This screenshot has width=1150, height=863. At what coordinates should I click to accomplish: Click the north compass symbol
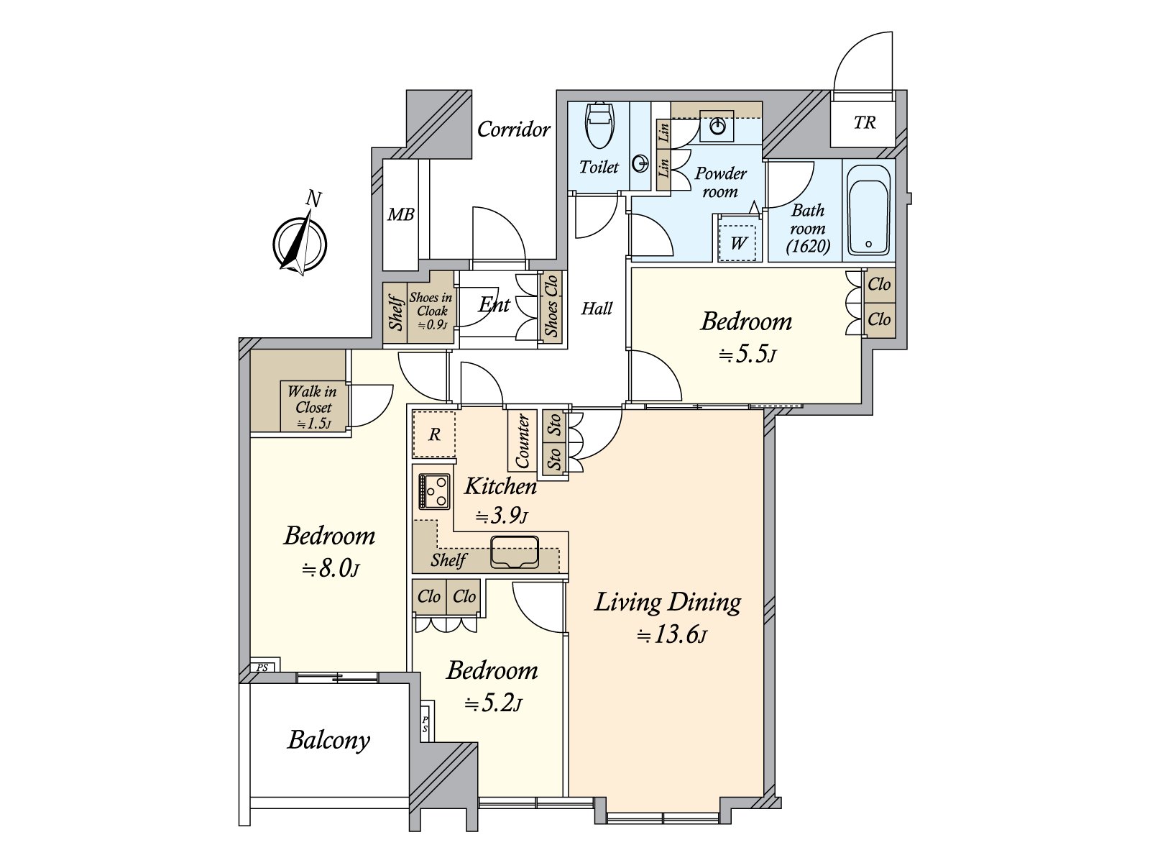(300, 245)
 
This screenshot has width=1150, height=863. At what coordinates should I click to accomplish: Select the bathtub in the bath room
(868, 209)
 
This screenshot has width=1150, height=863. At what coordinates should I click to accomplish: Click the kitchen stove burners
(434, 491)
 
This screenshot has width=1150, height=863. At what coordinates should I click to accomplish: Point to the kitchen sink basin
(515, 552)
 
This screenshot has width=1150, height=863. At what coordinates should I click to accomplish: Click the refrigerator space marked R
(434, 434)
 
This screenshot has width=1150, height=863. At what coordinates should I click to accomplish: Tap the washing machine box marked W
(737, 242)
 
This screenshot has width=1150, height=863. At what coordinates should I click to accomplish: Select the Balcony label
(328, 741)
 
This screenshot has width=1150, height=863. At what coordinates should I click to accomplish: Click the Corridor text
(513, 129)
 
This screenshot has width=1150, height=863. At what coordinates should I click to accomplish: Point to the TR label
(865, 122)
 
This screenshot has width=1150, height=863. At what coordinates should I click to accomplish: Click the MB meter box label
(401, 214)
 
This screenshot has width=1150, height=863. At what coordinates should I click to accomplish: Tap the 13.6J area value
(672, 636)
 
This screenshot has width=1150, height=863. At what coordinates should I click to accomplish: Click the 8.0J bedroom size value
(331, 569)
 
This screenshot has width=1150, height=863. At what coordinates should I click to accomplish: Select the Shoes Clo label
(551, 306)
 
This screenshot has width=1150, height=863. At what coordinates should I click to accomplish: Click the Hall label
(597, 309)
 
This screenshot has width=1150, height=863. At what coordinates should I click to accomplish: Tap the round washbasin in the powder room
(717, 127)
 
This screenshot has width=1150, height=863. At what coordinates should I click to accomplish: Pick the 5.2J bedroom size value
(494, 704)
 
